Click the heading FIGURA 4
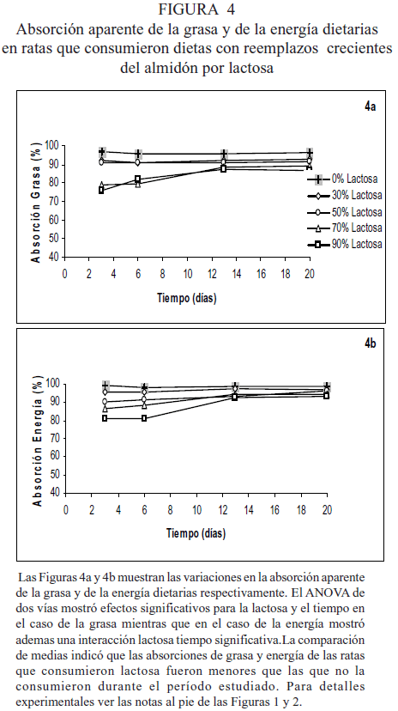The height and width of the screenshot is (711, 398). click(197, 9)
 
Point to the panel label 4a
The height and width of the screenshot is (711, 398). click(371, 106)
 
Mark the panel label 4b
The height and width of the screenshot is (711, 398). click(371, 343)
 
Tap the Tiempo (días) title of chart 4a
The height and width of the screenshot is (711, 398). click(187, 298)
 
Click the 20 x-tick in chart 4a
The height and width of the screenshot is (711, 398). click(310, 274)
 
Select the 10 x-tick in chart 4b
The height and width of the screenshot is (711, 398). click(196, 510)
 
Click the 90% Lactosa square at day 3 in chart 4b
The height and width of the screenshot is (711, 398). click(105, 418)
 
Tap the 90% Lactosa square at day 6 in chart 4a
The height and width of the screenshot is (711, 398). click(137, 179)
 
